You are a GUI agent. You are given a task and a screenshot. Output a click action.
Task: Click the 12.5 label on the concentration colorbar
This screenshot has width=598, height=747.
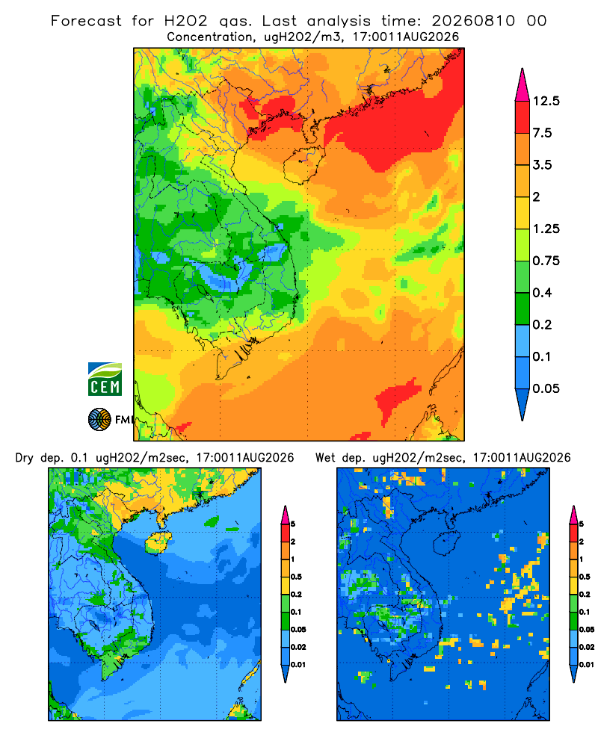pyautogui.click(x=546, y=101)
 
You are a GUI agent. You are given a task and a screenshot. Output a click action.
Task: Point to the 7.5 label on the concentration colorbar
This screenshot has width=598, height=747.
pyautogui.click(x=542, y=133)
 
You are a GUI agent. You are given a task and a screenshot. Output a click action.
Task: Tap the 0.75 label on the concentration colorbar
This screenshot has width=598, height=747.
pyautogui.click(x=546, y=261)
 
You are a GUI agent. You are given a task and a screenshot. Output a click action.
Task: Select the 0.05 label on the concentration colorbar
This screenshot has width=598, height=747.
pyautogui.click(x=546, y=388)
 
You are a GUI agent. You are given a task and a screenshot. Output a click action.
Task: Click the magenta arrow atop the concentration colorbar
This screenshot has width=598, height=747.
pyautogui.click(x=523, y=85)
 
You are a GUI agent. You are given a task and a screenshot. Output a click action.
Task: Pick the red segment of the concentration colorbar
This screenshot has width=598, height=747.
pyautogui.click(x=523, y=117)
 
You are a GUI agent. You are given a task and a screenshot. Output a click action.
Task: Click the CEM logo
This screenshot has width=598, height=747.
pyautogui.click(x=105, y=379)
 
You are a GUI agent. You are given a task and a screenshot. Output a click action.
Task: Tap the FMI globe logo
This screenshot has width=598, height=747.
pyautogui.click(x=99, y=419)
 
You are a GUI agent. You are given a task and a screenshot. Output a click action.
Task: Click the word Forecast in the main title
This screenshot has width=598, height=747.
pyautogui.click(x=86, y=21)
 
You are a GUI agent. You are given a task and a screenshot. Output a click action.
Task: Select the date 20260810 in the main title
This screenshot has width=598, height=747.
pyautogui.click(x=473, y=21)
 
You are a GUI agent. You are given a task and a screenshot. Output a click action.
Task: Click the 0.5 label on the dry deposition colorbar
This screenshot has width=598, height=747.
pyautogui.click(x=296, y=577)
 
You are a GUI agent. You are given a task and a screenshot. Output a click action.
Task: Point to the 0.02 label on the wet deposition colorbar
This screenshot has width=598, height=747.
pyautogui.click(x=587, y=647)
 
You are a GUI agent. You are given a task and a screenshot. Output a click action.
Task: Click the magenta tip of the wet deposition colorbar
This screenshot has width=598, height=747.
pyautogui.click(x=573, y=515)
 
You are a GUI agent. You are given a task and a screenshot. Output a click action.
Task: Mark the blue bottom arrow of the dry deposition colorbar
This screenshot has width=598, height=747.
pyautogui.click(x=285, y=673)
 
